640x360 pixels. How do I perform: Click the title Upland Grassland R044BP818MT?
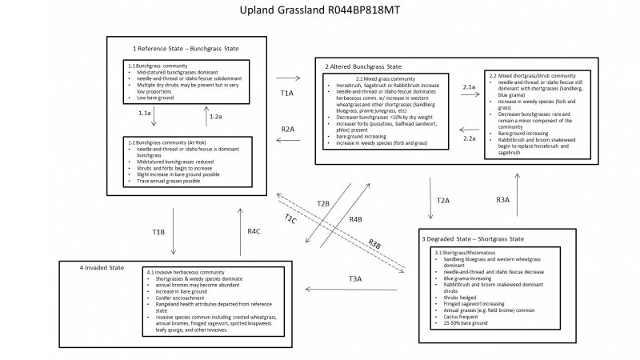point(320,12)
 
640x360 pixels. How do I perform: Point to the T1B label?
point(158,231)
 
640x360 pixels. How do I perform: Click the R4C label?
point(254,231)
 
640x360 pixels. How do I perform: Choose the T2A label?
point(443,200)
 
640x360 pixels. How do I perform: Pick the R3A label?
point(502,200)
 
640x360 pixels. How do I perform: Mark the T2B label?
point(322,203)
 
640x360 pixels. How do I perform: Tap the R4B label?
point(355,218)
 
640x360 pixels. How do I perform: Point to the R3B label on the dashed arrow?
point(374,244)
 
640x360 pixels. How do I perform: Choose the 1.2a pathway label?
point(215,117)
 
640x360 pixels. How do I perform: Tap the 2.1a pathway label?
point(470,85)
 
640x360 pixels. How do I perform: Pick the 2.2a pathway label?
point(470,138)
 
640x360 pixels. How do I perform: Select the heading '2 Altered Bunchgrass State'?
point(363,66)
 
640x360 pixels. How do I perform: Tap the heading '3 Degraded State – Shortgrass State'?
point(474,240)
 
